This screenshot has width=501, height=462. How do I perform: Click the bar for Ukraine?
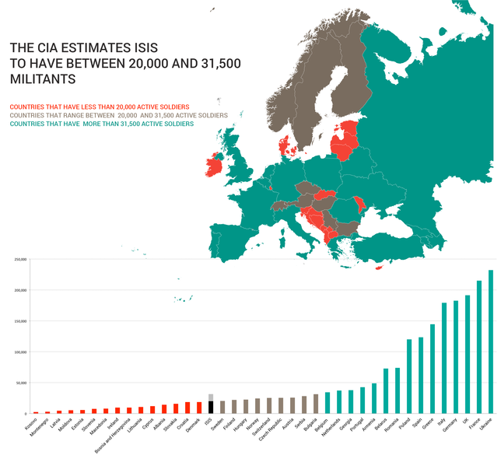point(491,342)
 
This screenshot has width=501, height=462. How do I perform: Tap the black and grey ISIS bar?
point(210,404)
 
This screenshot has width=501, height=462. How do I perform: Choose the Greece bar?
point(433,369)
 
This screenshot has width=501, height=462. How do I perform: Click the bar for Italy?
point(444,358)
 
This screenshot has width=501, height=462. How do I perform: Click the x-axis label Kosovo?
point(31,425)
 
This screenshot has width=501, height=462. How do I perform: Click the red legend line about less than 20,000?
point(100,107)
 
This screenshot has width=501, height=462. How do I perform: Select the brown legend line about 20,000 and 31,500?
point(118,115)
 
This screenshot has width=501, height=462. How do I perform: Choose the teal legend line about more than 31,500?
point(102,124)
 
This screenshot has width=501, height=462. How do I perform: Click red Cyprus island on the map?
point(379,269)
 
